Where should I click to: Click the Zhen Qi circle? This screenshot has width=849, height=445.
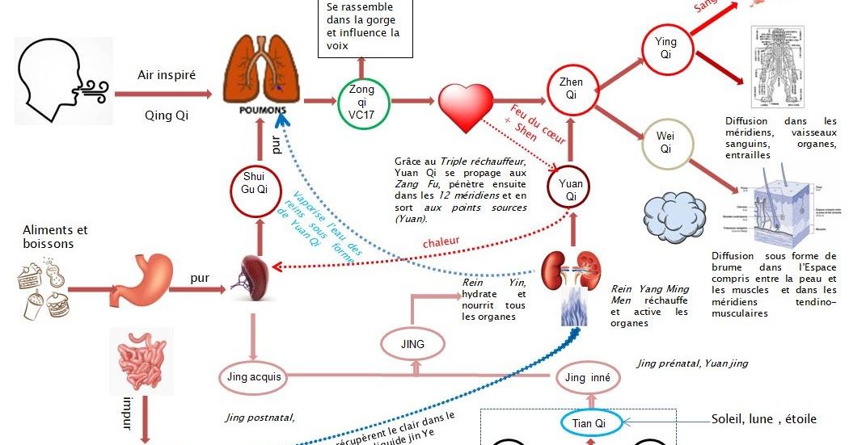(571, 88)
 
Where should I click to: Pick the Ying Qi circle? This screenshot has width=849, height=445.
(665, 48)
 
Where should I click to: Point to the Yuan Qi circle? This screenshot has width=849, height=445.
(571, 190)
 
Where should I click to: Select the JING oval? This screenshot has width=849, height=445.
(411, 344)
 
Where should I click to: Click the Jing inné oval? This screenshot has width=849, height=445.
(588, 377)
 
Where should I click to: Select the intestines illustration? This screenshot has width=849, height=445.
(141, 360)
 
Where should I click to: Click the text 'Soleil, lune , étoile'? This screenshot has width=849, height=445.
(763, 419)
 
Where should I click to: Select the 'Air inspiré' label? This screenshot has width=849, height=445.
(167, 74)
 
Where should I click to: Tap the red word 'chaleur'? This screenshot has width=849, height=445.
(441, 241)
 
